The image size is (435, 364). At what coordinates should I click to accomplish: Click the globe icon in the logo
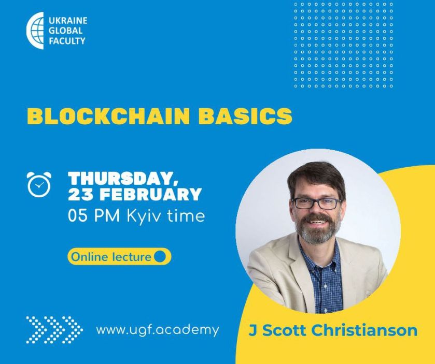[x=35, y=31]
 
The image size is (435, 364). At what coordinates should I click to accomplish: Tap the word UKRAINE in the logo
[x=68, y=21]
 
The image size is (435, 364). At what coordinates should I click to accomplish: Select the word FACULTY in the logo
[x=67, y=41]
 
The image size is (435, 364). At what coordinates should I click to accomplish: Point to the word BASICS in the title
[x=245, y=116]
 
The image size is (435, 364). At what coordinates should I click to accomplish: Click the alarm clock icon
[x=39, y=184]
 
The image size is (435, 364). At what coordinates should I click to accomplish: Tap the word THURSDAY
[x=123, y=179]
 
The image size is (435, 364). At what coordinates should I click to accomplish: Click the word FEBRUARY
[x=151, y=194]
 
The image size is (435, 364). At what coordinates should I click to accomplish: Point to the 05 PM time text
[x=94, y=216]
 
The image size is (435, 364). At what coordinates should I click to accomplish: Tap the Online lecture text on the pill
[x=111, y=257]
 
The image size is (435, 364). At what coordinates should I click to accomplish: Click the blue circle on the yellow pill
[x=160, y=256]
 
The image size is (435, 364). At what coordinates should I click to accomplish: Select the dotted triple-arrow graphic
[x=54, y=330]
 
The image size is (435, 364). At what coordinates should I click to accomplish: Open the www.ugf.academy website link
[x=158, y=330]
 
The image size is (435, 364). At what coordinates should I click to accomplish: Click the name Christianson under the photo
[x=364, y=330]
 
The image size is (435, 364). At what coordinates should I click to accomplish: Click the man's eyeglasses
[x=317, y=203]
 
